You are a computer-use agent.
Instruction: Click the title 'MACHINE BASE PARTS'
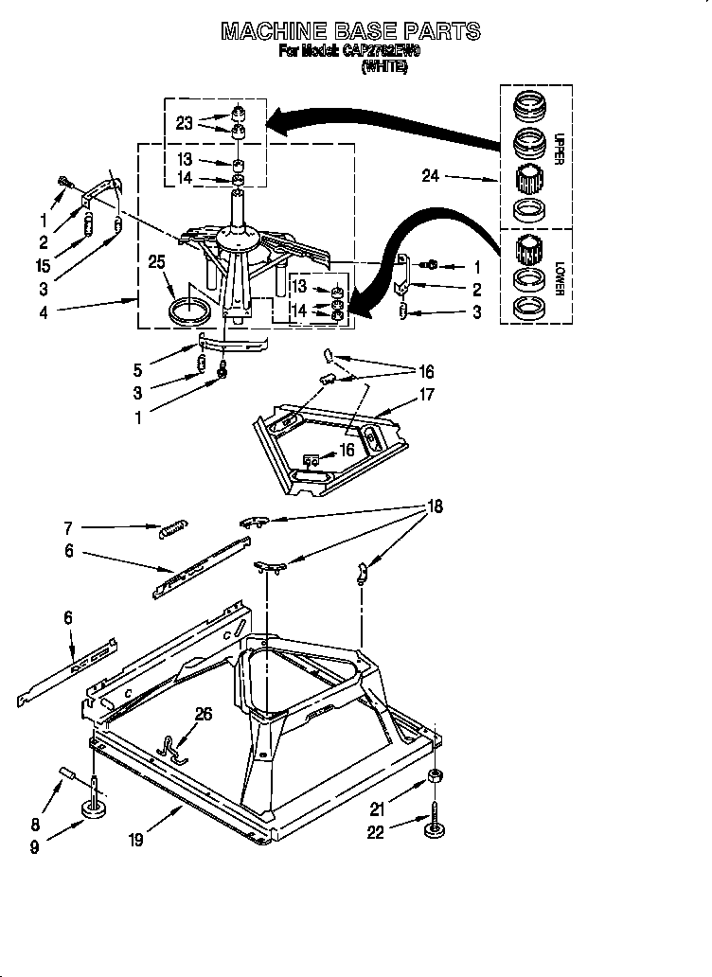[x=350, y=31]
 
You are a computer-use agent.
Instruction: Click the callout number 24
[x=429, y=176]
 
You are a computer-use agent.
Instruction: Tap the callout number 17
[x=426, y=395]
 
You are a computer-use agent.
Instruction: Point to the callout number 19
[x=136, y=839]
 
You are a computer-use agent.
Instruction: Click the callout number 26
[x=204, y=715]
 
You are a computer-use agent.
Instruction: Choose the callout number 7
[x=69, y=527]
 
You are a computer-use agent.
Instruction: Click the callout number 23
[x=184, y=121]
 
